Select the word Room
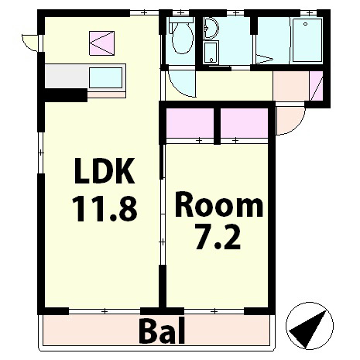218,207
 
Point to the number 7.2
218,237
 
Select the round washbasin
211,29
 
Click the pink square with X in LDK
101,43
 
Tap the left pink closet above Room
190,123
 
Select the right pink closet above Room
243,123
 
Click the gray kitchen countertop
67,77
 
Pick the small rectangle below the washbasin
211,54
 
